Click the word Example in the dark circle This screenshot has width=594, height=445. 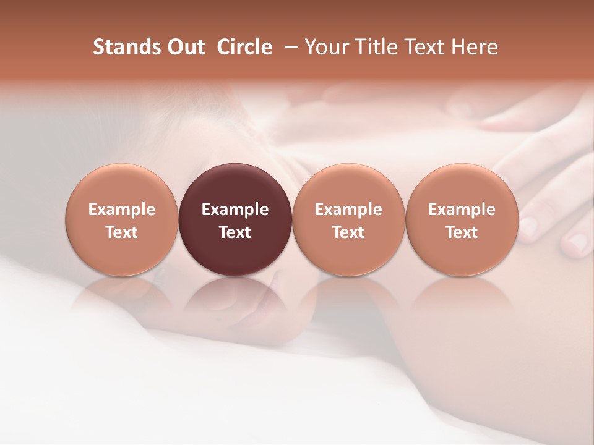click(x=235, y=210)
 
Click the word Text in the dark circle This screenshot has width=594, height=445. click(x=235, y=232)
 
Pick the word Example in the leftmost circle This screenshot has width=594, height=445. click(x=121, y=210)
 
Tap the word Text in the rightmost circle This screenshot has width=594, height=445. click(x=462, y=232)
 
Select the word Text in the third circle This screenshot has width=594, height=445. click(x=348, y=232)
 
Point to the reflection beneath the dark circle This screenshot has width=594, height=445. click(x=235, y=297)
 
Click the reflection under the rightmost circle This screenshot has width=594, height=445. click(x=462, y=297)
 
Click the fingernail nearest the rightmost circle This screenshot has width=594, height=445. click(x=528, y=225)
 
